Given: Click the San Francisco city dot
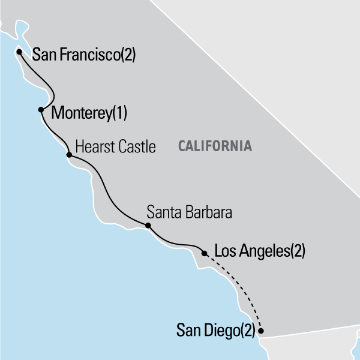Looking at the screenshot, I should coord(19,52).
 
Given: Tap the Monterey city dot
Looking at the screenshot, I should coord(41,110).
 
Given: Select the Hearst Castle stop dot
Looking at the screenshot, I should coord(68,155).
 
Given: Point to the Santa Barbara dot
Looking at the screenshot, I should coord(148,226).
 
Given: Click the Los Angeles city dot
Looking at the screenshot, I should coord(205,253).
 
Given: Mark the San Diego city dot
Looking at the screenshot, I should coord(260,329).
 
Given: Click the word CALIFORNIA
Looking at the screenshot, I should coord(214,146).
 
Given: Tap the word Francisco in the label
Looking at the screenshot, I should coord(88,56).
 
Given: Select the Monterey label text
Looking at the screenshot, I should coord(82,112).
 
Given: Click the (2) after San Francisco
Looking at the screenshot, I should coord(128,56).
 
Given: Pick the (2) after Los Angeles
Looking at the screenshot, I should coord(298,253).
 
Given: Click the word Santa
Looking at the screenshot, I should coord(161,212).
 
